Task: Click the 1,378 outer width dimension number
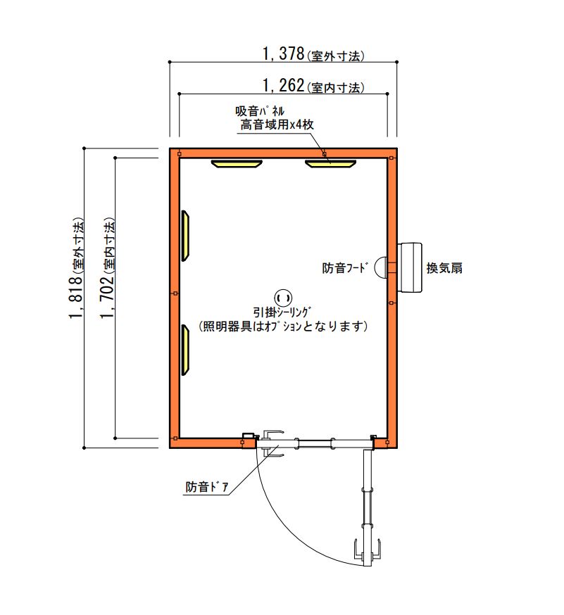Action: point(283,53)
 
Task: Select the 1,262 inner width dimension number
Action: point(283,85)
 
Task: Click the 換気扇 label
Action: point(444,268)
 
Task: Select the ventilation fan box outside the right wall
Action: point(409,267)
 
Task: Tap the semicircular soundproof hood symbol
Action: point(380,267)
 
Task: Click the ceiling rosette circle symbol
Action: point(282,298)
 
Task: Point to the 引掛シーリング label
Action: point(282,312)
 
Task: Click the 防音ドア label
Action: point(206,487)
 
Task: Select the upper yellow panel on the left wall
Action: point(185,235)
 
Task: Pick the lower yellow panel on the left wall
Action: point(185,350)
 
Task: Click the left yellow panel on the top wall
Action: point(237,163)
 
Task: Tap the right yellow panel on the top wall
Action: point(330,163)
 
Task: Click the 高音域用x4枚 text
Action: point(277,125)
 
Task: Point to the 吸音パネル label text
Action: point(259,111)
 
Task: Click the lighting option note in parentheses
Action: point(282,326)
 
